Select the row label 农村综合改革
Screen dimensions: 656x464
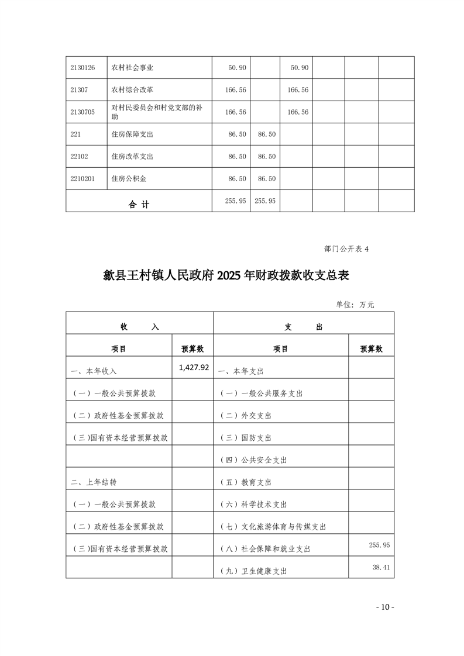click(x=132, y=90)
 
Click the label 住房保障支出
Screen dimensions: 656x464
click(x=132, y=134)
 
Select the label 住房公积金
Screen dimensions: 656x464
click(x=129, y=179)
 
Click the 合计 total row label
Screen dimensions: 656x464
click(x=139, y=205)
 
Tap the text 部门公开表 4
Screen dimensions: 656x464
click(x=346, y=249)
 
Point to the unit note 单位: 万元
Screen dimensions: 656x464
click(x=355, y=305)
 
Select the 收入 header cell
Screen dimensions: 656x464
click(x=139, y=327)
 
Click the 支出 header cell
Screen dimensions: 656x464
click(x=304, y=327)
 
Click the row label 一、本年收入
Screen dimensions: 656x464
click(x=94, y=371)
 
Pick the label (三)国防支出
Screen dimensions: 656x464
click(x=246, y=438)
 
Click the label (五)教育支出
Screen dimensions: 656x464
click(x=246, y=482)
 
